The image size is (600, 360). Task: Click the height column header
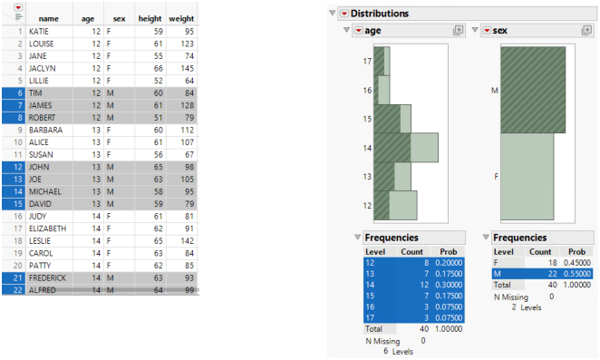pyautogui.click(x=150, y=18)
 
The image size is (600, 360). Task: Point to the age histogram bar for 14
pyautogui.click(x=406, y=147)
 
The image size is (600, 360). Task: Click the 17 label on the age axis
pyautogui.click(x=367, y=62)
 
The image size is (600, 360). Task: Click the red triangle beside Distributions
pyautogui.click(x=344, y=14)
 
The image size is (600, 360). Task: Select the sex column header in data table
pyautogui.click(x=119, y=18)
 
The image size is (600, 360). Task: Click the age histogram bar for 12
pyautogui.click(x=396, y=205)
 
